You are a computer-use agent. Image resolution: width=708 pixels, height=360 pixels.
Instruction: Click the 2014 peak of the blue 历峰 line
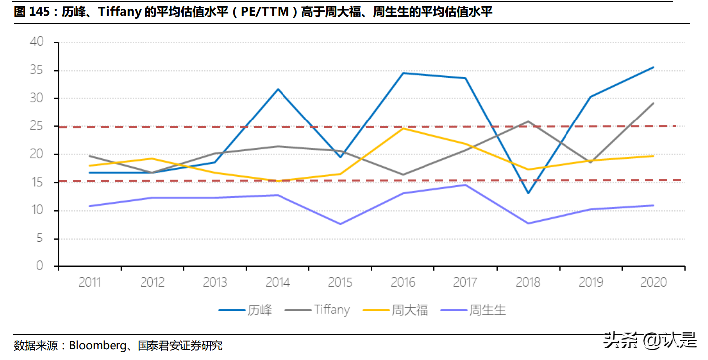[278, 89]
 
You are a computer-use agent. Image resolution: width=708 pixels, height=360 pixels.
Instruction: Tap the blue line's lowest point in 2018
[528, 193]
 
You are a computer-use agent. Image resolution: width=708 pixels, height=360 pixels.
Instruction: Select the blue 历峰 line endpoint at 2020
[653, 67]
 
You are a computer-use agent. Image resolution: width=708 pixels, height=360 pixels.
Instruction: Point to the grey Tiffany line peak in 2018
[528, 121]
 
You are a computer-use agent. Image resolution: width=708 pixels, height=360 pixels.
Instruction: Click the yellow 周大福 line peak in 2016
[403, 128]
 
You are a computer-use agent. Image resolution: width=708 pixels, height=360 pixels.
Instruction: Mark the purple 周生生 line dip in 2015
[340, 224]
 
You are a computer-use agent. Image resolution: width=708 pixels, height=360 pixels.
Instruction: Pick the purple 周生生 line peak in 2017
[465, 185]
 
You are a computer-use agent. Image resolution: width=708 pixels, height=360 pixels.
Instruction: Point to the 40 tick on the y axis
[37, 42]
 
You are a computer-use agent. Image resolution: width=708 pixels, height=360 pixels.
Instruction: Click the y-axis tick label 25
[37, 126]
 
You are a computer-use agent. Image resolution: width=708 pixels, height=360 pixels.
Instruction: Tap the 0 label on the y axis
[40, 266]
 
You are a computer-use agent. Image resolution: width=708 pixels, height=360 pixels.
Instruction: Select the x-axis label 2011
[90, 283]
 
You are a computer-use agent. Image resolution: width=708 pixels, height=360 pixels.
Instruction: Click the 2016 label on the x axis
[403, 283]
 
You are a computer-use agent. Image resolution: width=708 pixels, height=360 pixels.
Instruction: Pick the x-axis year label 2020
[653, 283]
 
